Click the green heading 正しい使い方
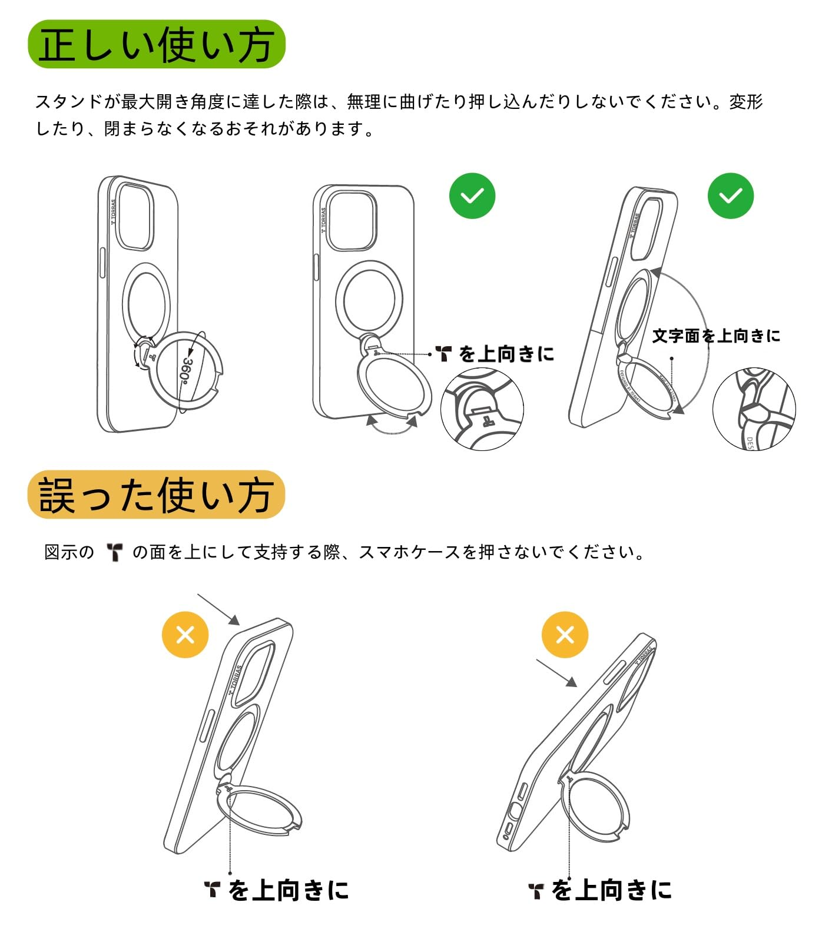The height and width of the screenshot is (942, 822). coord(156,45)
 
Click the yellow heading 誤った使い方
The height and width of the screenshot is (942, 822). coord(156,495)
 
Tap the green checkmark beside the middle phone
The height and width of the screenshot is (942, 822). coord(472,196)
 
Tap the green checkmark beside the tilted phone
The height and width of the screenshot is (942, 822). coord(730,196)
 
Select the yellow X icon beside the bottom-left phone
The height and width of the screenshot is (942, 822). coord(185,635)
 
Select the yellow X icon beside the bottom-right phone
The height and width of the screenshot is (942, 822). coord(565,635)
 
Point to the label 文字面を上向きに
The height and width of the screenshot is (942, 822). coord(716,336)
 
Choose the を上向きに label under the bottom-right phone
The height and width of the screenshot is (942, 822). coord(611,890)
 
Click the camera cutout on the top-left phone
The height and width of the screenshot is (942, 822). coord(135,217)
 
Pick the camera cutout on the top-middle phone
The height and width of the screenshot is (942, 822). coord(352,220)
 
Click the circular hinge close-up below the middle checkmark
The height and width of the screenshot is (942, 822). coord(482,409)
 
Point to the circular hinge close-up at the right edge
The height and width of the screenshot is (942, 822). coord(754,409)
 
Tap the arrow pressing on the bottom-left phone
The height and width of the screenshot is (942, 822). coord(218,609)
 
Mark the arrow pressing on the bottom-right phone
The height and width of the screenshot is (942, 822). coord(556,673)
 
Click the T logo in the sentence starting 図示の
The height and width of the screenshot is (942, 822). coord(114,552)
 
